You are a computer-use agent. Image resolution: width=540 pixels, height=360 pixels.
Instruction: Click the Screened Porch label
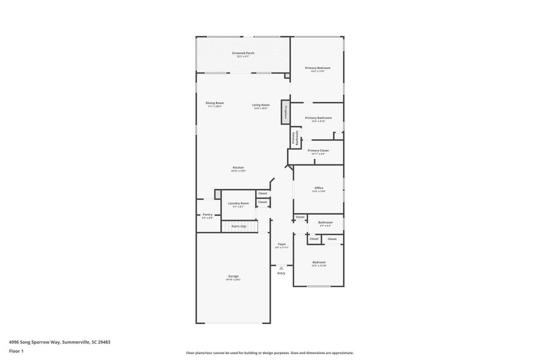(x=243, y=53)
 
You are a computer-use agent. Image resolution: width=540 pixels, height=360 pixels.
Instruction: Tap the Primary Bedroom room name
(x=318, y=68)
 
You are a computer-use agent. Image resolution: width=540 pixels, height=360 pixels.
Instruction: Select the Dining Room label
(x=215, y=103)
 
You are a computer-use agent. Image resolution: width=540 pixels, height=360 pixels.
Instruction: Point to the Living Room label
(x=260, y=105)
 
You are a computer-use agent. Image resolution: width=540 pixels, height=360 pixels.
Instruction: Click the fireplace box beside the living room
(x=285, y=112)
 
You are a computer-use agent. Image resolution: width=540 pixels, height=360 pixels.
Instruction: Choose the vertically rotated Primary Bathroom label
(x=295, y=139)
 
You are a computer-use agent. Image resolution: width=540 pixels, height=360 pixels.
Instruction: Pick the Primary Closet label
(x=318, y=150)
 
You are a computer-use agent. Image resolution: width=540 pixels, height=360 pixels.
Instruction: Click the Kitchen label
(x=238, y=167)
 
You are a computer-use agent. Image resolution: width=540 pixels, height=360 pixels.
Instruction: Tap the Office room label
(x=319, y=188)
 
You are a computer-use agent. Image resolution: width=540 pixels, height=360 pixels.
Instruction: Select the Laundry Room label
(x=238, y=203)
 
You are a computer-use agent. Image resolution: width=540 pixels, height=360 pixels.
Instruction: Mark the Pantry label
(x=207, y=214)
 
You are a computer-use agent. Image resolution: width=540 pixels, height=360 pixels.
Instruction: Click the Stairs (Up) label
(x=238, y=226)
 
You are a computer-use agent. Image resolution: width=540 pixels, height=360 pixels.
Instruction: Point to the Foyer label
(x=281, y=244)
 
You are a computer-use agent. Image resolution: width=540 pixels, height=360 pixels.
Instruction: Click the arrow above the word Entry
(x=281, y=268)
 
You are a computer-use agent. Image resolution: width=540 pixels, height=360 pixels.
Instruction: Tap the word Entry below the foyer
(x=281, y=274)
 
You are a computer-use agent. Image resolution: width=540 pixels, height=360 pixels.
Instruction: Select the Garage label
(x=233, y=276)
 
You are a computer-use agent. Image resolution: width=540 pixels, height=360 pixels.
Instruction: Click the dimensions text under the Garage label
(x=233, y=280)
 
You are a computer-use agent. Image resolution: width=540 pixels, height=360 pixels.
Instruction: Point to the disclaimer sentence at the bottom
(x=269, y=353)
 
